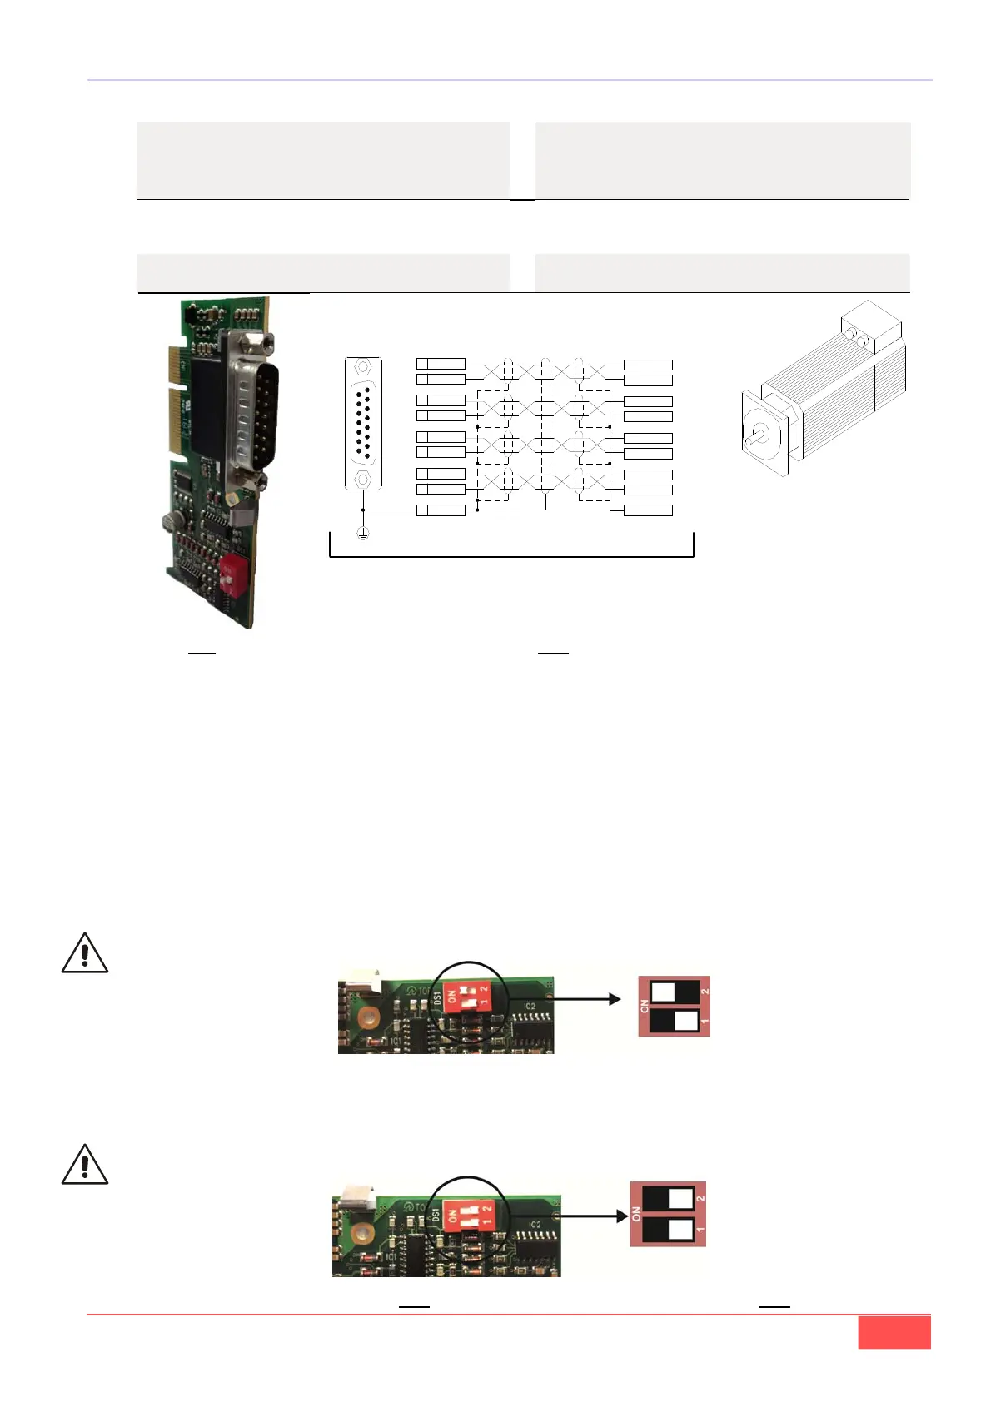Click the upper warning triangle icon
[85, 954]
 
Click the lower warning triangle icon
[85, 1166]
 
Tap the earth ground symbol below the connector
[363, 533]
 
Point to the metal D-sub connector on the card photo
[252, 408]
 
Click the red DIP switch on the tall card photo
[232, 577]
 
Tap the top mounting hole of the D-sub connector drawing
[363, 367]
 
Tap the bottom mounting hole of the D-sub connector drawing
[363, 480]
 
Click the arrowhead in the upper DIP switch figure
[615, 999]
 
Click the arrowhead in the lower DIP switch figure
[620, 1216]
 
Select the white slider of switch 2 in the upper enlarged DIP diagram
[663, 992]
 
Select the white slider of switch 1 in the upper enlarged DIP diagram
[688, 1021]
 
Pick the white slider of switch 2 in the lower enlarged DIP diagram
[680, 1198]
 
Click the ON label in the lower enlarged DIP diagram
[637, 1214]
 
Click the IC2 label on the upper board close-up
[530, 1007]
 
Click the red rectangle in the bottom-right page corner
[894, 1332]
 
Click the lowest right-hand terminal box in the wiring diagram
[648, 510]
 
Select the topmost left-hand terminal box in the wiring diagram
[441, 364]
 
